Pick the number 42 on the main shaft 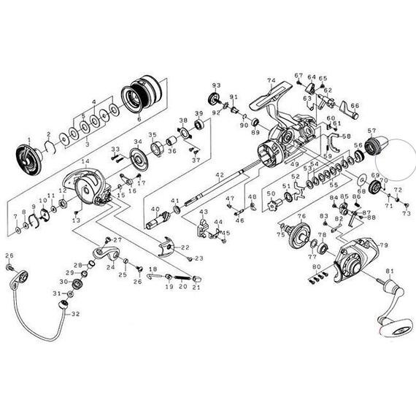218,175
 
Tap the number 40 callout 154,209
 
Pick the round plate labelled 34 138,161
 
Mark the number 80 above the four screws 315,267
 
